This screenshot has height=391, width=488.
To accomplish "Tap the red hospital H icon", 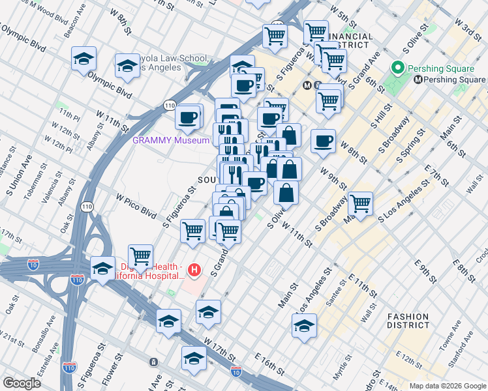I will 194,269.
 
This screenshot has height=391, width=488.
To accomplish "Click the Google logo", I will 21,383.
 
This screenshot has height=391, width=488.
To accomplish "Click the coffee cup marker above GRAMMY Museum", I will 188,117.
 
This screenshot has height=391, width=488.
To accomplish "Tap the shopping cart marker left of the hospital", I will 140,256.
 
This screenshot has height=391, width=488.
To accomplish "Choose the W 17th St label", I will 219,349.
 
